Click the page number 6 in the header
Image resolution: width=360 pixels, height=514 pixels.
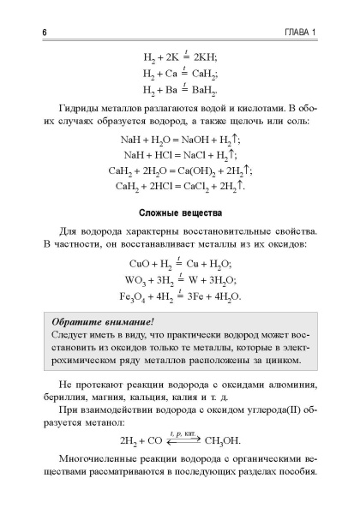tap(19, 33)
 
